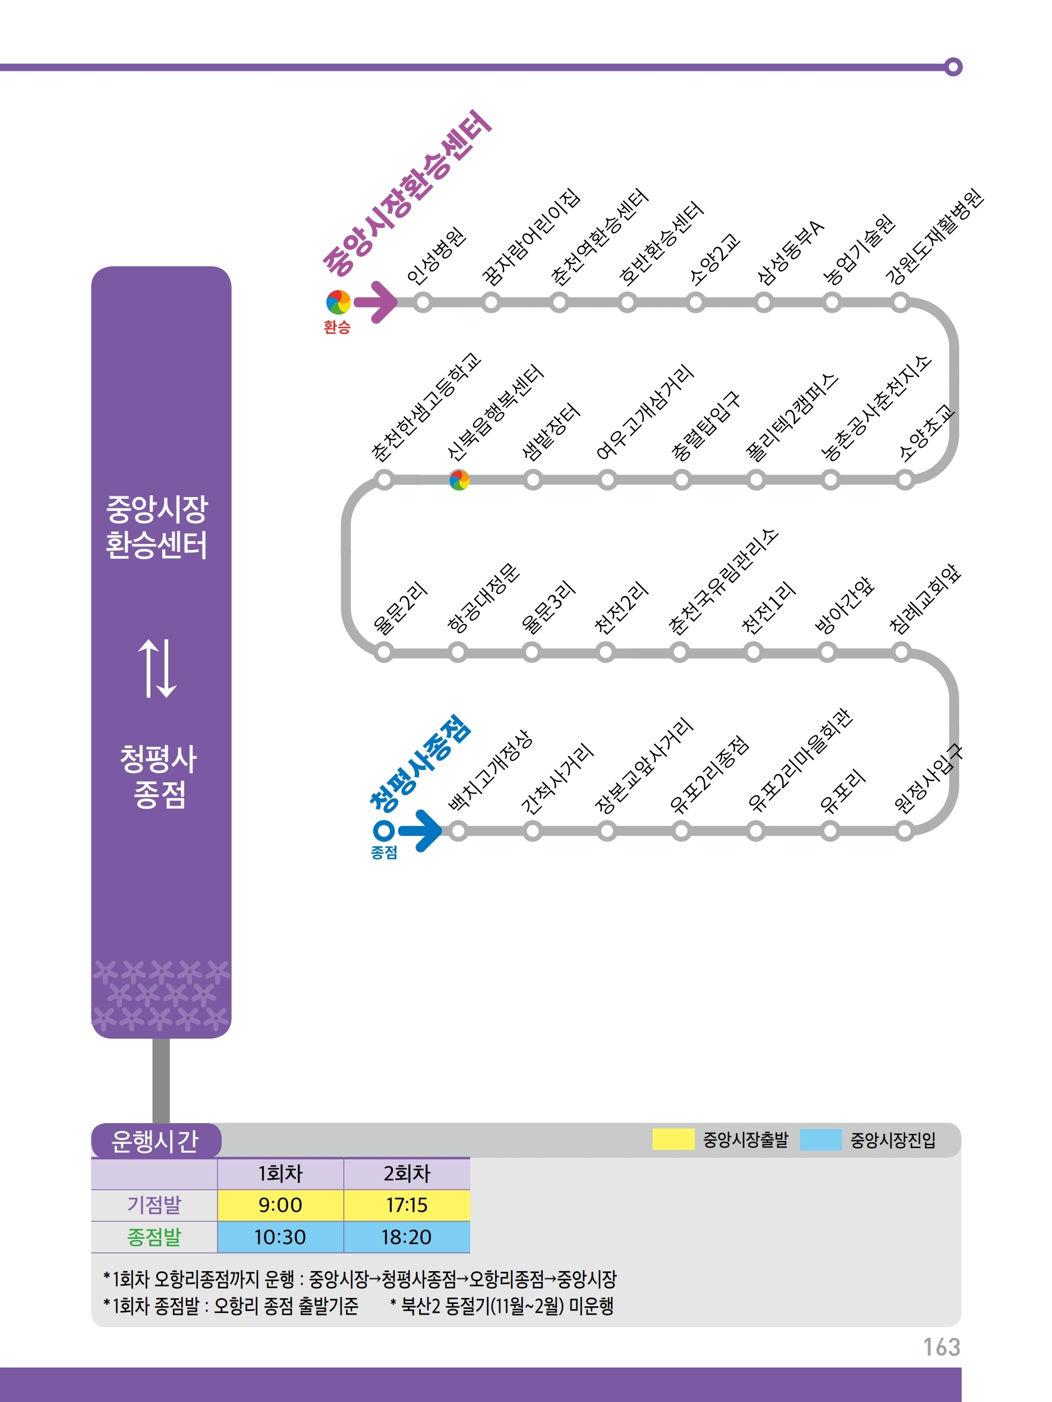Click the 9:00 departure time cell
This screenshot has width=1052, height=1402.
point(280,1205)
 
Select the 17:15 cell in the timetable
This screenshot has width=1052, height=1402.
point(406,1205)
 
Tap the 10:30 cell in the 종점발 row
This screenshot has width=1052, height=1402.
point(280,1237)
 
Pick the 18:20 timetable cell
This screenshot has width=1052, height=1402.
point(406,1237)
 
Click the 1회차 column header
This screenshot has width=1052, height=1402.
point(280,1174)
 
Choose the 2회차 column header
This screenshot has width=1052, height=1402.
point(406,1174)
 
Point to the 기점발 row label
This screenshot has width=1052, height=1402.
point(154,1205)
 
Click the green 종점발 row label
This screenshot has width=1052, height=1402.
point(154,1237)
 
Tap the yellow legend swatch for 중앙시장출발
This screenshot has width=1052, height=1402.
point(673,1140)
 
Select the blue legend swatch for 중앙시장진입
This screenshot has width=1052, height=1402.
point(821,1140)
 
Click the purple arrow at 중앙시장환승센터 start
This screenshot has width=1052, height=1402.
point(376,302)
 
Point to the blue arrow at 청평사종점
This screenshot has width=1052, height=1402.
point(421,829)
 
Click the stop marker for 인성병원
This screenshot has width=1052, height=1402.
point(423,302)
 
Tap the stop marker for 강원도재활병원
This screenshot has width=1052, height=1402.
point(900,302)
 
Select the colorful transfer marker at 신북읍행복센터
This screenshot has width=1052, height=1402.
point(459,480)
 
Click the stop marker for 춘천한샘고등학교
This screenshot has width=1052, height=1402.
point(384,480)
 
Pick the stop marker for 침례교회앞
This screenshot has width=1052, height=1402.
point(900,652)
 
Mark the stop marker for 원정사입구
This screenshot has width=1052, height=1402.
point(905,830)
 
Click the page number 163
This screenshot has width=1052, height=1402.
point(941,1347)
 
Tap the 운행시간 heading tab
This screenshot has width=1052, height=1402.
point(155,1141)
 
